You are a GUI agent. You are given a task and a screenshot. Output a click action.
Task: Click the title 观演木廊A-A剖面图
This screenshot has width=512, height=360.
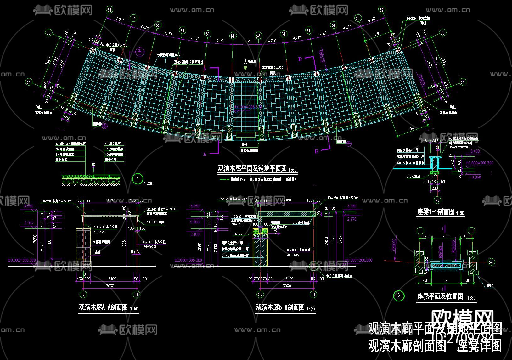pos(103,307)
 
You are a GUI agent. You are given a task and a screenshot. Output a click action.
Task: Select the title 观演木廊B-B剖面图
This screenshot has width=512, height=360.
pos(280,307)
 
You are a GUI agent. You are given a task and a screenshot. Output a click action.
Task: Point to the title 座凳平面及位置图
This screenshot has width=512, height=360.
pos(440,296)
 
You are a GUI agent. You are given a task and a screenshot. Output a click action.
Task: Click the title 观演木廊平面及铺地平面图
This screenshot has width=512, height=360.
pos(252,168)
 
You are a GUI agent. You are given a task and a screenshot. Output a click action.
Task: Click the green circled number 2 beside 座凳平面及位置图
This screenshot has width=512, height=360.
pos(399,295)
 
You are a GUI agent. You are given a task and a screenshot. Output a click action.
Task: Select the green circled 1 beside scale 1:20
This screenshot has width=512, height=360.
pos(138,179)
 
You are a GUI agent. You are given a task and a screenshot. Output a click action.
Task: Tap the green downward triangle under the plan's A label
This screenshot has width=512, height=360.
pos(245,67)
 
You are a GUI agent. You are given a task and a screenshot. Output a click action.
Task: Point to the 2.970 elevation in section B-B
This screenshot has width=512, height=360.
pos(352,219)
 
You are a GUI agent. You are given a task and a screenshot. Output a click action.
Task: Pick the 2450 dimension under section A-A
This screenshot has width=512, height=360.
pos(112,279)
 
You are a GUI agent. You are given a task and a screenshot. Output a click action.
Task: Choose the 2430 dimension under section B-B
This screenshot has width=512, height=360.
pos(289,279)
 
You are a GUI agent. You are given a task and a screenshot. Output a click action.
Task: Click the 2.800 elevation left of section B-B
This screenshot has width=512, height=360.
pos(195,222)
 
